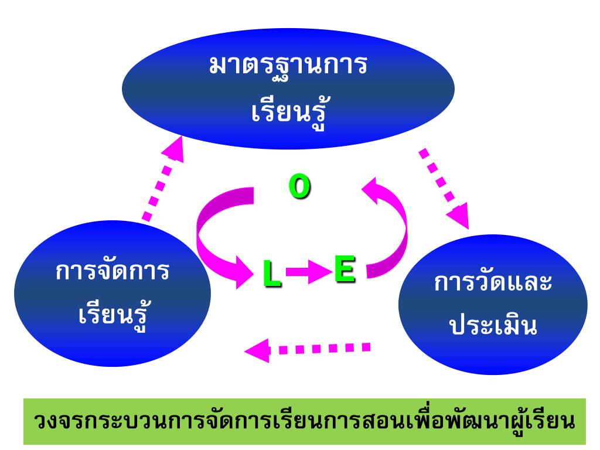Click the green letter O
pyautogui.click(x=299, y=187)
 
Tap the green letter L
pyautogui.click(x=271, y=274)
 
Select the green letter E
pyautogui.click(x=345, y=269)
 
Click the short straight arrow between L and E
pyautogui.click(x=308, y=272)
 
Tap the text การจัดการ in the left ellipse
pyautogui.click(x=112, y=272)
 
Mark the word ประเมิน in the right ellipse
pyautogui.click(x=493, y=326)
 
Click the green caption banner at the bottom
pyautogui.click(x=305, y=421)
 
